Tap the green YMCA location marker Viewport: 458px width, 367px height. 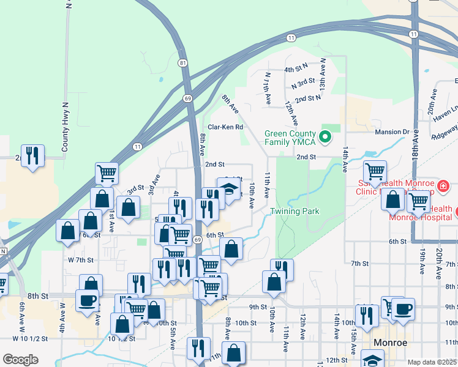tap(326, 136)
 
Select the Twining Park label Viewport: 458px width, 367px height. tap(295, 212)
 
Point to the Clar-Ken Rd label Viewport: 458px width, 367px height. tap(226, 127)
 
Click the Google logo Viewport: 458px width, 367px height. tap(21, 360)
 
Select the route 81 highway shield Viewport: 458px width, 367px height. tap(183, 63)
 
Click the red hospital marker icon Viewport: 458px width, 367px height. tap(443, 185)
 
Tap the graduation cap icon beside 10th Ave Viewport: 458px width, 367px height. tap(229, 190)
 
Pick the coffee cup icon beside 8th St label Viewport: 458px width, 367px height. tap(86, 300)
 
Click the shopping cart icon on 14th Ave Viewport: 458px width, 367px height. tap(374, 172)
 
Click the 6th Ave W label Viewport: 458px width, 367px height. tap(23, 317)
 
